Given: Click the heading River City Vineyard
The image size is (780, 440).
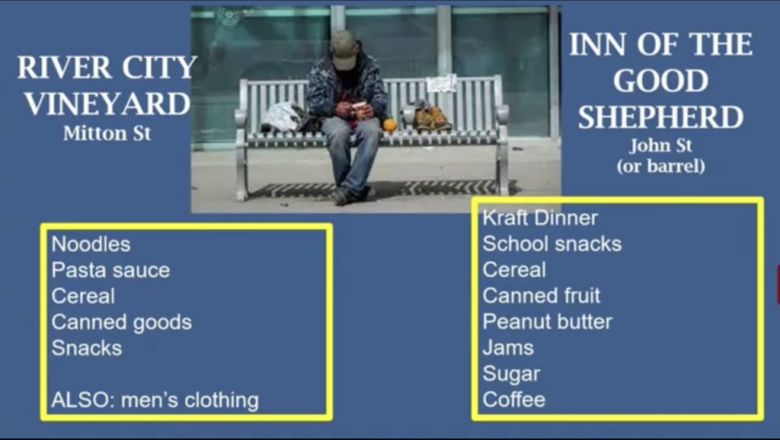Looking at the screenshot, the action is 107,85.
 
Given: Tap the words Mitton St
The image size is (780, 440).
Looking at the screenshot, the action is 107,133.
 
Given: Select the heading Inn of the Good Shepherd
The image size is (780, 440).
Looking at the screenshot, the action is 660,81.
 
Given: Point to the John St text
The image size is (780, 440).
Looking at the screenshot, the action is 660,145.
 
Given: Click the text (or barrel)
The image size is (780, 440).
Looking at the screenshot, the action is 660,165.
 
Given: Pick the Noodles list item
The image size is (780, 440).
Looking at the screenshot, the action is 91,244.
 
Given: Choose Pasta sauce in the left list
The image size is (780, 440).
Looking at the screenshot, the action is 110,270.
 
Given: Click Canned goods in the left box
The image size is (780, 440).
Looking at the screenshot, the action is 121,322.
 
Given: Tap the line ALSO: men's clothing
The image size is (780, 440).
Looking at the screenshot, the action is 155,400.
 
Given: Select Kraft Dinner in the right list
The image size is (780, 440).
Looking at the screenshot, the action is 540,218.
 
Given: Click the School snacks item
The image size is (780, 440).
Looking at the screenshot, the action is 552,244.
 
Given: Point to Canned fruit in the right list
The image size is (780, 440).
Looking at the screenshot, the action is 542,296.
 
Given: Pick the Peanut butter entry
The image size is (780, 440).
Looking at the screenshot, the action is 547,322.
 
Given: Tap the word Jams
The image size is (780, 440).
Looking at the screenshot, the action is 508,348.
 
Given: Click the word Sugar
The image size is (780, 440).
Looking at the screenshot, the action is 511,374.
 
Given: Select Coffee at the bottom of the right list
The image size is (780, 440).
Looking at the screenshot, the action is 514,400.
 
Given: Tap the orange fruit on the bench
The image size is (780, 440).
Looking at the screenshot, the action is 389,125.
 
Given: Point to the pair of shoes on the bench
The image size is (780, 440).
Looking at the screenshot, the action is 431,116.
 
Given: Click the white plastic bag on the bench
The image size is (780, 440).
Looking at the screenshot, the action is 281,116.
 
